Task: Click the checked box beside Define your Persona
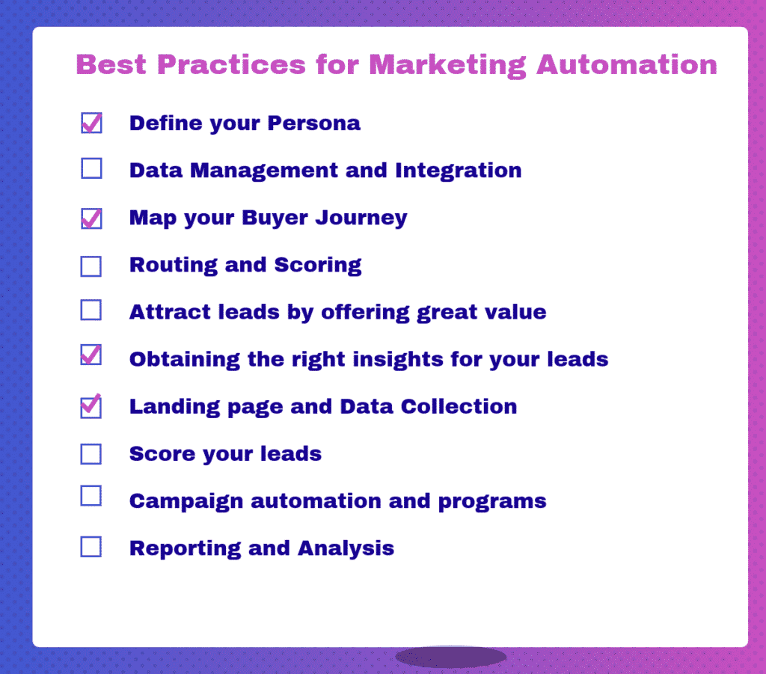click(x=91, y=123)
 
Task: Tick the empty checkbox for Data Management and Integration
click(x=91, y=169)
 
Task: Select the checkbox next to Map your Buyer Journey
click(x=91, y=218)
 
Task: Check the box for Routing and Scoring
click(x=91, y=266)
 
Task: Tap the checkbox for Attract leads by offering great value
click(x=91, y=310)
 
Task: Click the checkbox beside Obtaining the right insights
click(x=91, y=355)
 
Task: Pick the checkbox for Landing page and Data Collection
click(x=91, y=406)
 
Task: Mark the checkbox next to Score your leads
click(x=91, y=453)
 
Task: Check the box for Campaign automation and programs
click(x=91, y=496)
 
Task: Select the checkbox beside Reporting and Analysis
click(x=91, y=547)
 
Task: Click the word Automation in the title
click(x=627, y=65)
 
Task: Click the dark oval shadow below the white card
click(x=451, y=657)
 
